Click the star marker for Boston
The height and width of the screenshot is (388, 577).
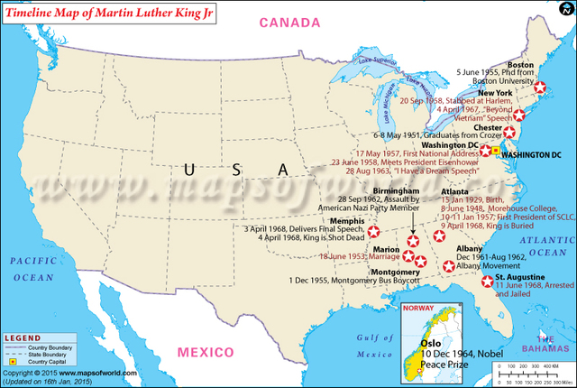pos(540,88)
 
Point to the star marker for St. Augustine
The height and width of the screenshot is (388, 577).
pos(488,282)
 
